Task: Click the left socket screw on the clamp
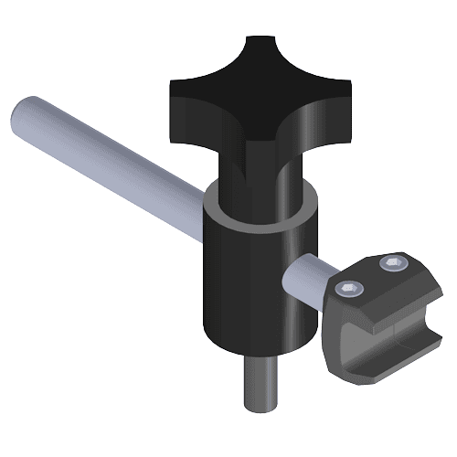[350, 290]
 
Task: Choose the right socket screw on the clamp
[393, 263]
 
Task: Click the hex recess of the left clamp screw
[350, 290]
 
